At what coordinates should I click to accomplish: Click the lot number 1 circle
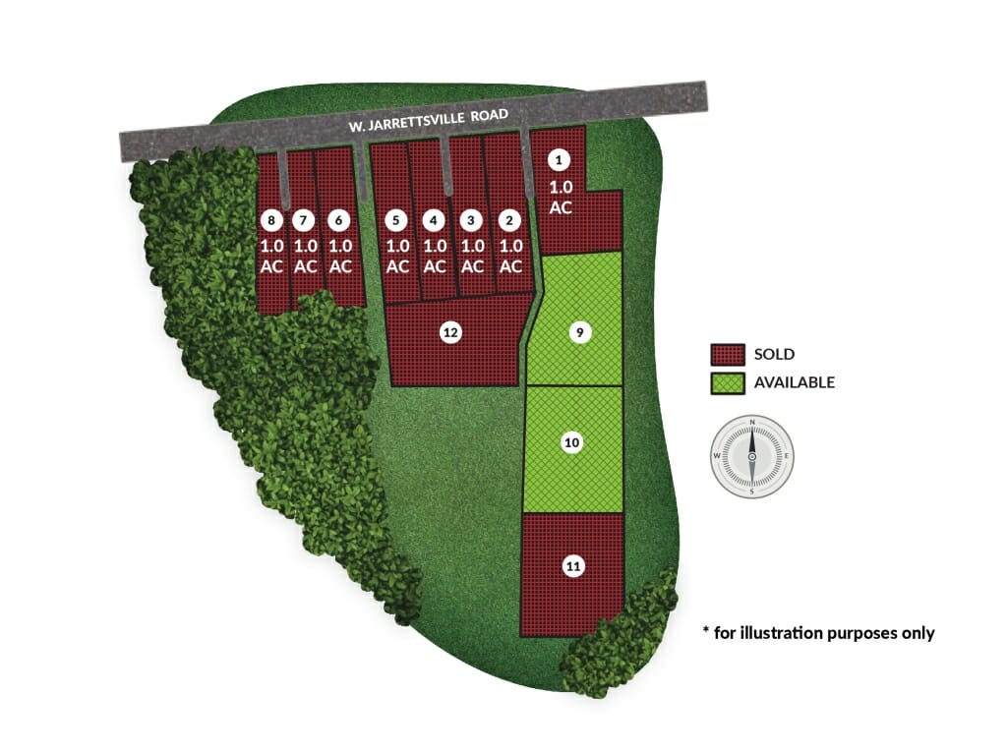pyautogui.click(x=559, y=160)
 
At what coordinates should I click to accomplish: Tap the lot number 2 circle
pyautogui.click(x=509, y=221)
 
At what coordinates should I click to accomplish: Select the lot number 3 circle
pyautogui.click(x=471, y=221)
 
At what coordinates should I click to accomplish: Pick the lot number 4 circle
pyautogui.click(x=434, y=221)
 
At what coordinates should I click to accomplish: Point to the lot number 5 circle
pyautogui.click(x=395, y=221)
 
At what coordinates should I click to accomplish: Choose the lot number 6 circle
pyautogui.click(x=338, y=221)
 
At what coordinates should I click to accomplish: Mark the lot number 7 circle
pyautogui.click(x=303, y=221)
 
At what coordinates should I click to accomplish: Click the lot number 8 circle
pyautogui.click(x=271, y=221)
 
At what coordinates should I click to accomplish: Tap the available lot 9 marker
pyautogui.click(x=580, y=332)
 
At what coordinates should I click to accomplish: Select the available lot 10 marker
pyautogui.click(x=571, y=442)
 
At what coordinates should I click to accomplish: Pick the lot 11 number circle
pyautogui.click(x=573, y=566)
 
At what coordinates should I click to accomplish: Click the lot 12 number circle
pyautogui.click(x=450, y=332)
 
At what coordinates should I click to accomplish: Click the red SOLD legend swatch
pyautogui.click(x=728, y=354)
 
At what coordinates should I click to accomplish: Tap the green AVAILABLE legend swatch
pyautogui.click(x=728, y=383)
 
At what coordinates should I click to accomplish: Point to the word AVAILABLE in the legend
pyautogui.click(x=795, y=382)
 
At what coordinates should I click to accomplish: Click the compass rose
pyautogui.click(x=752, y=456)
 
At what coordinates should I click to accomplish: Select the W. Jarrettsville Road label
pyautogui.click(x=429, y=120)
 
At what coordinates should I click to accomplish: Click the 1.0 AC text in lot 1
pyautogui.click(x=561, y=197)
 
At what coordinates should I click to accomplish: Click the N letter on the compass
pyautogui.click(x=752, y=422)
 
